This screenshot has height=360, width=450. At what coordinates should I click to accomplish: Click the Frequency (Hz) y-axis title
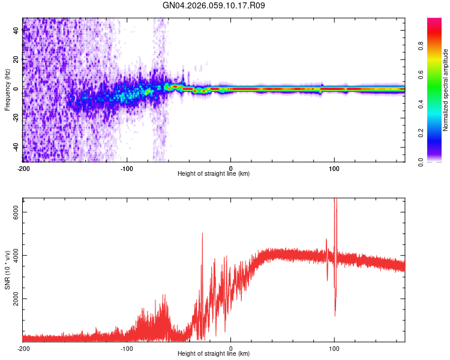click(x=7, y=89)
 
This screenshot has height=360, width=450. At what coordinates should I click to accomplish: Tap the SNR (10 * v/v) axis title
click(x=7, y=270)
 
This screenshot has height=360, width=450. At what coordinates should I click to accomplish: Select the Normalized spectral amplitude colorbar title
click(x=445, y=90)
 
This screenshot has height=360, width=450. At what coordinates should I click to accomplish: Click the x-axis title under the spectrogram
click(x=214, y=174)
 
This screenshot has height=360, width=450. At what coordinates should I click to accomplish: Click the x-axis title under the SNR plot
click(x=214, y=355)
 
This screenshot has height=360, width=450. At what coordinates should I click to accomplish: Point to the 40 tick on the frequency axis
click(x=16, y=31)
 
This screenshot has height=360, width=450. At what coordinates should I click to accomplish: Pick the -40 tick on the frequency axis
click(x=16, y=147)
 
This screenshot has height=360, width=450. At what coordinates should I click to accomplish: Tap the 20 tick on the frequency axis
click(x=16, y=60)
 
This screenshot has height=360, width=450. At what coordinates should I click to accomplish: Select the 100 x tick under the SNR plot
click(x=334, y=348)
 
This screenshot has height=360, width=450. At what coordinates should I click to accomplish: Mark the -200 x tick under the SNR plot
click(x=23, y=348)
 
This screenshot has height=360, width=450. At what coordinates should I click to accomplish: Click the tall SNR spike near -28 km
click(x=202, y=234)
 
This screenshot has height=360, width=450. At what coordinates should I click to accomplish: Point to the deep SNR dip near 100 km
click(x=335, y=315)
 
